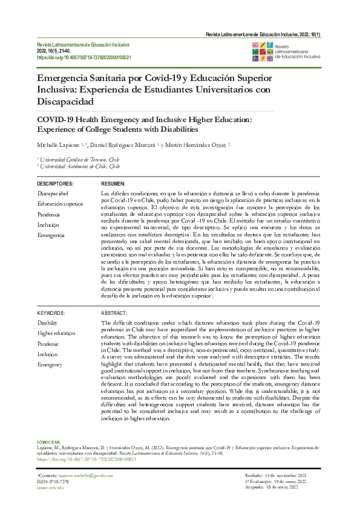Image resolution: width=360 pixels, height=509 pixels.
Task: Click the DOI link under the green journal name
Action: click(x=85, y=58)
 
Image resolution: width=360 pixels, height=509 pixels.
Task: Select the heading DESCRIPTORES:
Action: click(x=55, y=184)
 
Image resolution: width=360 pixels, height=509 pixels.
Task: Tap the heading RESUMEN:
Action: click(x=113, y=184)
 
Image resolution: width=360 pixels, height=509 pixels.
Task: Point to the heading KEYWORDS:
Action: click(x=51, y=313)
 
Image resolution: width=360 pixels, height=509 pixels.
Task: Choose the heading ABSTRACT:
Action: click(x=114, y=313)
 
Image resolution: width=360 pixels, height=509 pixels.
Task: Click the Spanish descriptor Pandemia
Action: click(x=48, y=214)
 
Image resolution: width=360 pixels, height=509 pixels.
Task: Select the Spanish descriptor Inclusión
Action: click(x=48, y=224)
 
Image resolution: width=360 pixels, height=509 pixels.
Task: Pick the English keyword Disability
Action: click(x=48, y=323)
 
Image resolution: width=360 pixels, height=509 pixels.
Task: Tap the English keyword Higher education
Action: click(x=56, y=333)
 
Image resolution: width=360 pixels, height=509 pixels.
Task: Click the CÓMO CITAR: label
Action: click(x=48, y=443)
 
